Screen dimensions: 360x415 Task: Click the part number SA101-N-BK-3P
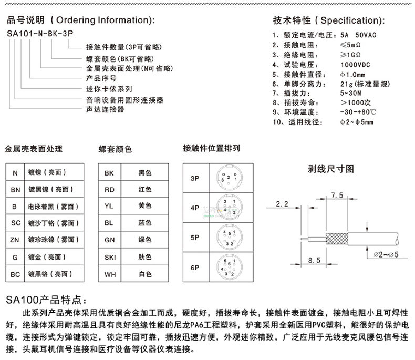pos(39,33)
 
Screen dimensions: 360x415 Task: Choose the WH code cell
pos(109,274)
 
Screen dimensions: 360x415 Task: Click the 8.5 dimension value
pos(314,260)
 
